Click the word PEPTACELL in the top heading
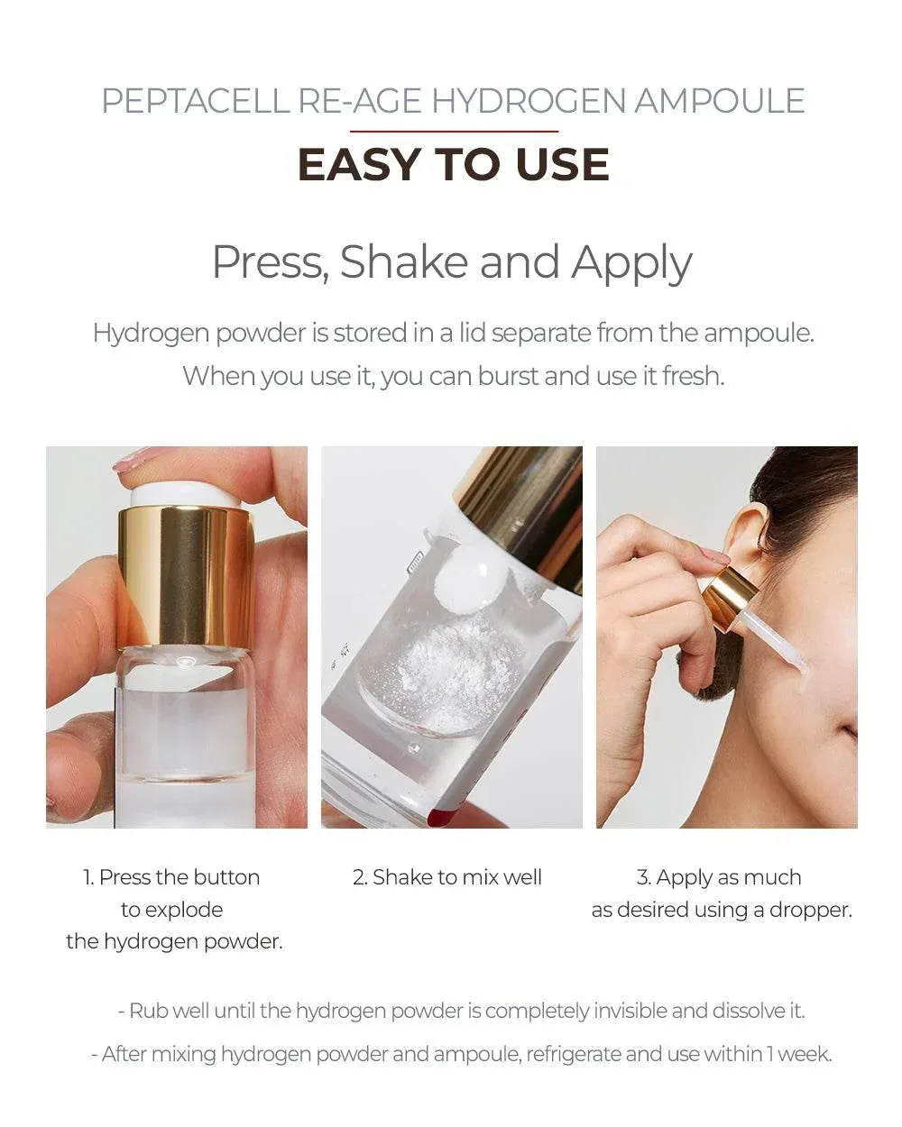pos(196,101)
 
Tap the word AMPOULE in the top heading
pos(719,101)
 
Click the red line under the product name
pos(454,131)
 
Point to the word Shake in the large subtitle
pos(403,261)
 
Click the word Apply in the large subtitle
pos(631,264)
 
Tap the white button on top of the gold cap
pos(185,495)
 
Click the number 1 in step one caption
pos(87,877)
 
